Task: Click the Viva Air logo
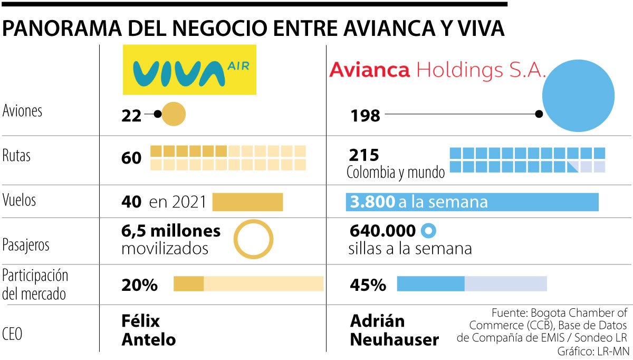[x=189, y=70]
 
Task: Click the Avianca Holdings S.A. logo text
[x=437, y=70]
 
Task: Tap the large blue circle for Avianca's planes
[x=578, y=96]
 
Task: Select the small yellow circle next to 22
[x=173, y=114]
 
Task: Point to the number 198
[x=365, y=116]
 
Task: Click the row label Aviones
[x=22, y=111]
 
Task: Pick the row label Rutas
[x=16, y=156]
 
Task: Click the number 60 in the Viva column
[x=131, y=158]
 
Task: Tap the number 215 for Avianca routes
[x=364, y=155]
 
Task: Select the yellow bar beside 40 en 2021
[x=247, y=202]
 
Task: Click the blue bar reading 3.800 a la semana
[x=472, y=202]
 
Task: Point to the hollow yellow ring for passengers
[x=253, y=239]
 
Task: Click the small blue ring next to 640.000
[x=428, y=231]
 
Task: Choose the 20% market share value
[x=139, y=285]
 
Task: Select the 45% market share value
[x=368, y=285]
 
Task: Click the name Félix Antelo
[x=148, y=330]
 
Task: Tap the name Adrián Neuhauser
[x=394, y=330]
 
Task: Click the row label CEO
[x=13, y=334]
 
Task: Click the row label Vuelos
[x=20, y=200]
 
